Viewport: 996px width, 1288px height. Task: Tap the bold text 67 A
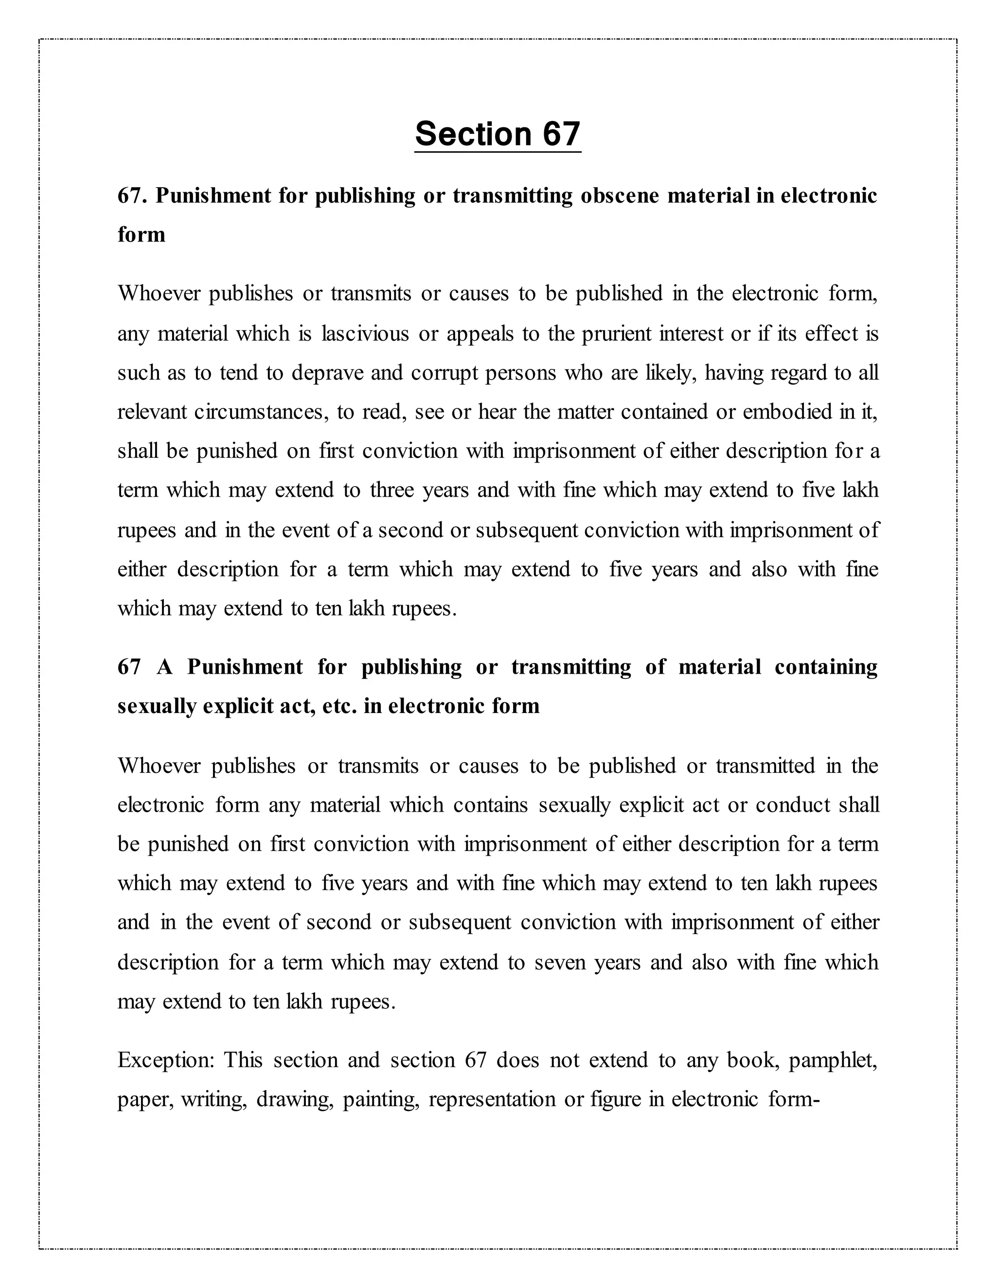(145, 667)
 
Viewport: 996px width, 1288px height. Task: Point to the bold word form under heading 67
(142, 235)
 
